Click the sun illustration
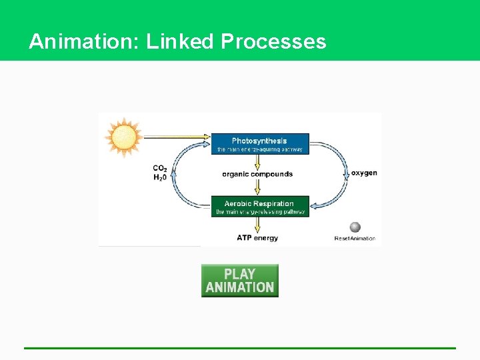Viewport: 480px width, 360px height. [x=123, y=137]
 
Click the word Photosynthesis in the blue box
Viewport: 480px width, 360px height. [x=259, y=141]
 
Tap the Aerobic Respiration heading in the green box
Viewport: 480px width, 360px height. [x=259, y=203]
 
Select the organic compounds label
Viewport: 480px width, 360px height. [x=257, y=174]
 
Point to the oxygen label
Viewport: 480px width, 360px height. [x=364, y=173]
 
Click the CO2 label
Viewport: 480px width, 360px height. [x=160, y=168]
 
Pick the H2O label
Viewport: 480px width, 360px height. [x=160, y=177]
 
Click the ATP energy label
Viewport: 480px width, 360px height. [x=257, y=237]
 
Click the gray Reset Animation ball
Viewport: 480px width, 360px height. [x=355, y=227]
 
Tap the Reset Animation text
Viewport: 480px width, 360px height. [x=355, y=238]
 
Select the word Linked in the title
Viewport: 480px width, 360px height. [x=180, y=41]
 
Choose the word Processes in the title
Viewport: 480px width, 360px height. [x=273, y=41]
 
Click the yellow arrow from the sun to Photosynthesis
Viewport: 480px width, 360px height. [x=177, y=137]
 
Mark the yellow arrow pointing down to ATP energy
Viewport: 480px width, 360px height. [x=260, y=224]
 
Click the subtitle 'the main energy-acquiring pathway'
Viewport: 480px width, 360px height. [x=260, y=149]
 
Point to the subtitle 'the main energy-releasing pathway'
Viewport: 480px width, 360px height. [x=260, y=212]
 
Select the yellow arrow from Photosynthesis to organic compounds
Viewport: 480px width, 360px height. [x=260, y=162]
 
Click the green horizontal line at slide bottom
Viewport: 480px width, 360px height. [x=240, y=347]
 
